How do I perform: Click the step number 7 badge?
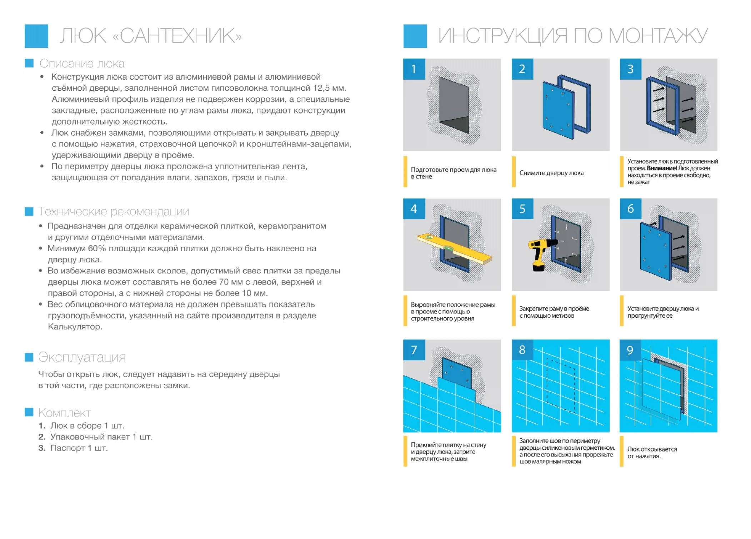[x=414, y=350]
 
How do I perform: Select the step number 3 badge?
[x=630, y=69]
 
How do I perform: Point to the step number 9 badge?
[x=630, y=350]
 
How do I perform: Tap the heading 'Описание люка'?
[x=82, y=64]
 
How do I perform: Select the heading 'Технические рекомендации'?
[x=114, y=211]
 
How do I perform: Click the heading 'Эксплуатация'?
[x=82, y=357]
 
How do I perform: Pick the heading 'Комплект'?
[x=65, y=413]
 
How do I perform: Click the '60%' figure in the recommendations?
[x=97, y=248]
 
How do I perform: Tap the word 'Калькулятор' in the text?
[x=75, y=327]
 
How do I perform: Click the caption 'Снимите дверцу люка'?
[x=551, y=173]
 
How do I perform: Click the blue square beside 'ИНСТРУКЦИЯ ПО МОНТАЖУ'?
[x=415, y=36]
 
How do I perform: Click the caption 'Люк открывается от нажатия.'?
[x=652, y=452]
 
